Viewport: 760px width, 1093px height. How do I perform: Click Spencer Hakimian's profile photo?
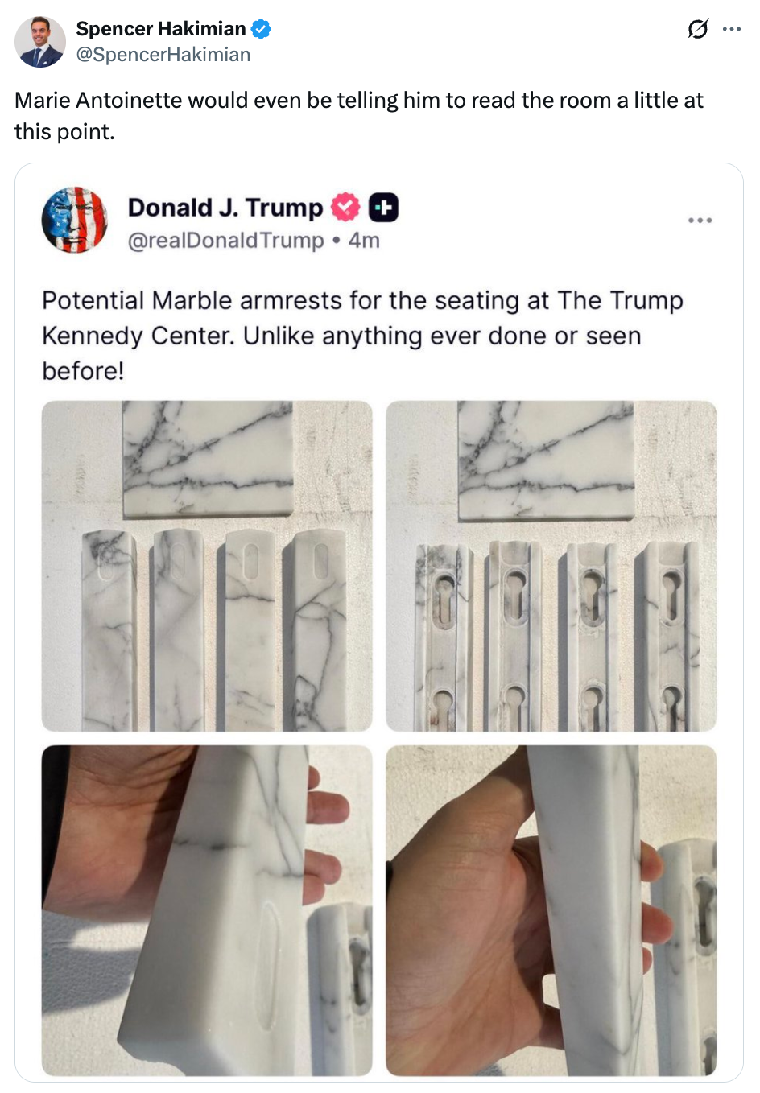[39, 41]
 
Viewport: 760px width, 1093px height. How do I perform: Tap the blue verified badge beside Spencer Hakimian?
[260, 30]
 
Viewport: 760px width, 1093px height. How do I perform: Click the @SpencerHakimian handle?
[163, 55]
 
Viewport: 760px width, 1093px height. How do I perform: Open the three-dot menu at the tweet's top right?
[731, 30]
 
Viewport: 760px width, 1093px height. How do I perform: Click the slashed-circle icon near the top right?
[697, 30]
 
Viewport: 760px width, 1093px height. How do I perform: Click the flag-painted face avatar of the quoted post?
[74, 220]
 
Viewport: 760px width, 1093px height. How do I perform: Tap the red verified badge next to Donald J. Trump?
[345, 208]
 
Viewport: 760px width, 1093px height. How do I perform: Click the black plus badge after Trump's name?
[383, 208]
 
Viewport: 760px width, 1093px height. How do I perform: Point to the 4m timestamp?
[364, 241]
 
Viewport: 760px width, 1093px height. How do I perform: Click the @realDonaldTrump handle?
[225, 241]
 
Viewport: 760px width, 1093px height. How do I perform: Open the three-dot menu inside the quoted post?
[700, 221]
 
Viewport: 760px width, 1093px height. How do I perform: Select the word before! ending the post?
[83, 371]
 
